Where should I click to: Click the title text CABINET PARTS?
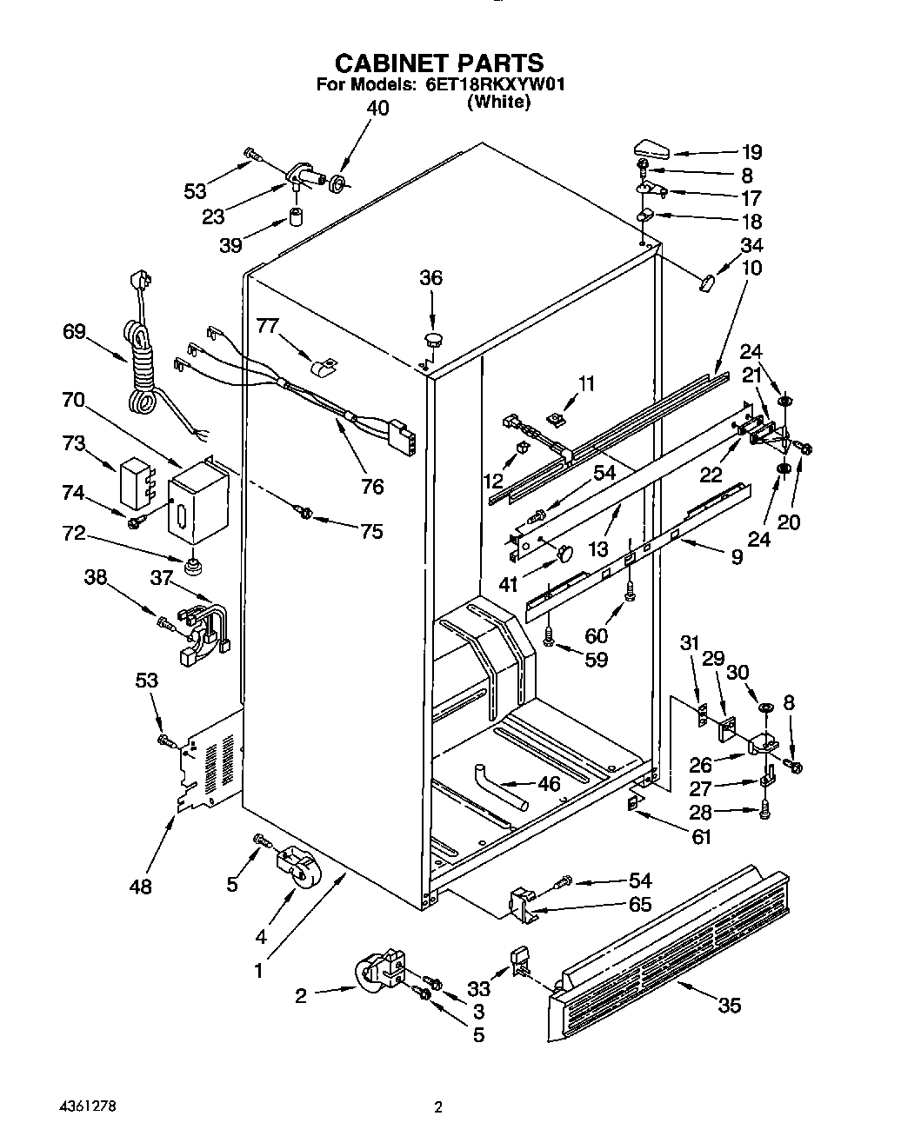439,63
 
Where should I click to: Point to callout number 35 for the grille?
729,1005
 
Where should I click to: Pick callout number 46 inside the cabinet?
549,783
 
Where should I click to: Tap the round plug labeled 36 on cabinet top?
431,337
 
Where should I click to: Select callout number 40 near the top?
377,109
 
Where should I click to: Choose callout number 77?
269,326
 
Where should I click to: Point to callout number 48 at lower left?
140,887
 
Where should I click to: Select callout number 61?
701,837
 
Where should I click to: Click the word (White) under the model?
498,102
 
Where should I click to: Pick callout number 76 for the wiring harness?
371,487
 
